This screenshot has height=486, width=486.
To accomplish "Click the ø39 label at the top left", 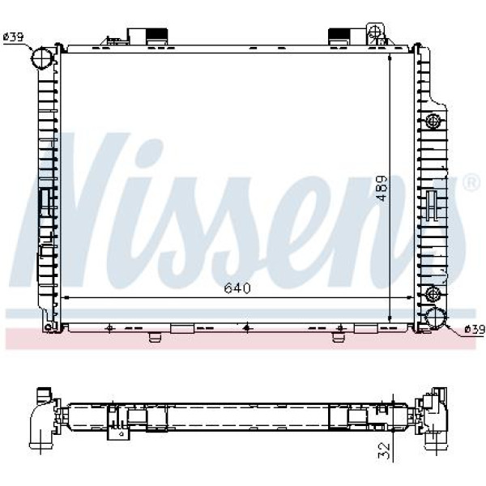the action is tap(13, 37).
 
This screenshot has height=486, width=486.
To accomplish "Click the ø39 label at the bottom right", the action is tap(475, 330).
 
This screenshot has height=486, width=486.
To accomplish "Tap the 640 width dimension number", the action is tap(237, 288).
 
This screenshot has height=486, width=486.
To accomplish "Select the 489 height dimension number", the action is tap(382, 189).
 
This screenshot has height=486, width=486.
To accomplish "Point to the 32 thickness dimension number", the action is tap(384, 451).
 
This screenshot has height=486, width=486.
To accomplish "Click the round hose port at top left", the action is tap(42, 58).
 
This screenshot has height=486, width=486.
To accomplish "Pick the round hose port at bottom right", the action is tap(436, 319).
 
